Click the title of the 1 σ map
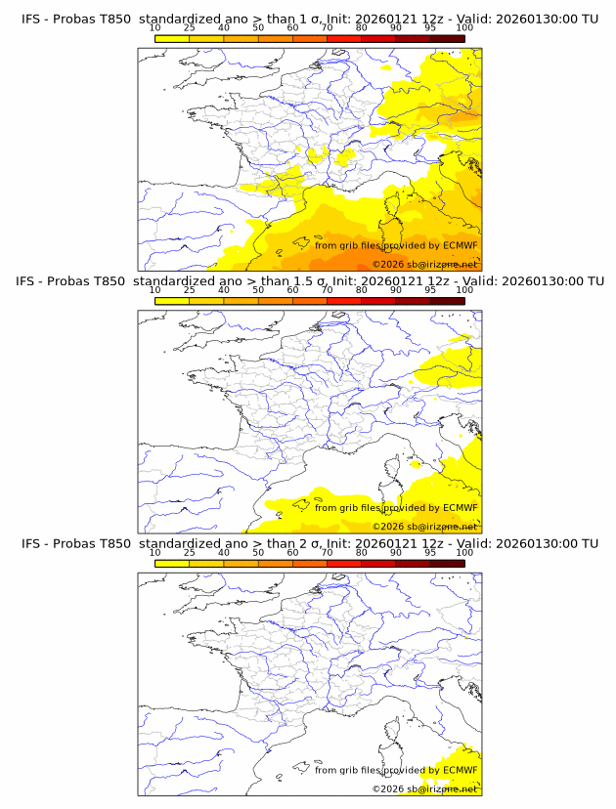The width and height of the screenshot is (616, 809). [x=309, y=20]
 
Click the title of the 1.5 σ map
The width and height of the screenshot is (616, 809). [x=309, y=281]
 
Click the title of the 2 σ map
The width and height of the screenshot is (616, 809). [x=309, y=543]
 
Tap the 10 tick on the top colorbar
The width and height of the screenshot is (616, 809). [x=154, y=29]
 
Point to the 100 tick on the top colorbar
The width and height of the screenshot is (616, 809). [x=464, y=29]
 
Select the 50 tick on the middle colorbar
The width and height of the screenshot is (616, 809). [x=258, y=291]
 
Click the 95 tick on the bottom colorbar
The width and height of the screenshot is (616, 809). [x=430, y=553]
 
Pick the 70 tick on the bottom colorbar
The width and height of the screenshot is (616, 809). [x=327, y=553]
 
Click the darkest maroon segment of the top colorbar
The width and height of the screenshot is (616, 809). [x=447, y=39]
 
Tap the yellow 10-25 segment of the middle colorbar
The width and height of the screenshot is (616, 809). [x=172, y=301]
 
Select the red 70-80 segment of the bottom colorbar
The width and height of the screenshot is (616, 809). [x=344, y=563]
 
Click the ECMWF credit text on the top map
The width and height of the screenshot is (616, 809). [x=396, y=245]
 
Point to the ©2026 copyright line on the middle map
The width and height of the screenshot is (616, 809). [x=424, y=526]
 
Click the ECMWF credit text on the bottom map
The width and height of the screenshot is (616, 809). [x=396, y=770]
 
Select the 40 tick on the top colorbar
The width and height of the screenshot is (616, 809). [x=224, y=29]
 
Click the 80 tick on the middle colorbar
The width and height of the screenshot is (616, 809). [x=362, y=291]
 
